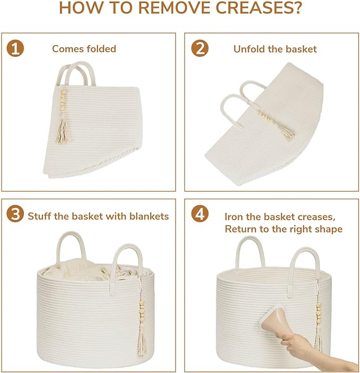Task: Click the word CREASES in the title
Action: [258, 8]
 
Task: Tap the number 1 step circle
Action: [15, 48]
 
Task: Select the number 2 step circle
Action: [200, 48]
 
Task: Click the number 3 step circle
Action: [15, 214]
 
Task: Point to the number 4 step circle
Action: [200, 214]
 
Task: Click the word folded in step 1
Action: [101, 49]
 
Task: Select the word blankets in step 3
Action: [149, 216]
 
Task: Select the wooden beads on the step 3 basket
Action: [142, 309]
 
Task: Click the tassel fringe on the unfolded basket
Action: [289, 134]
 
